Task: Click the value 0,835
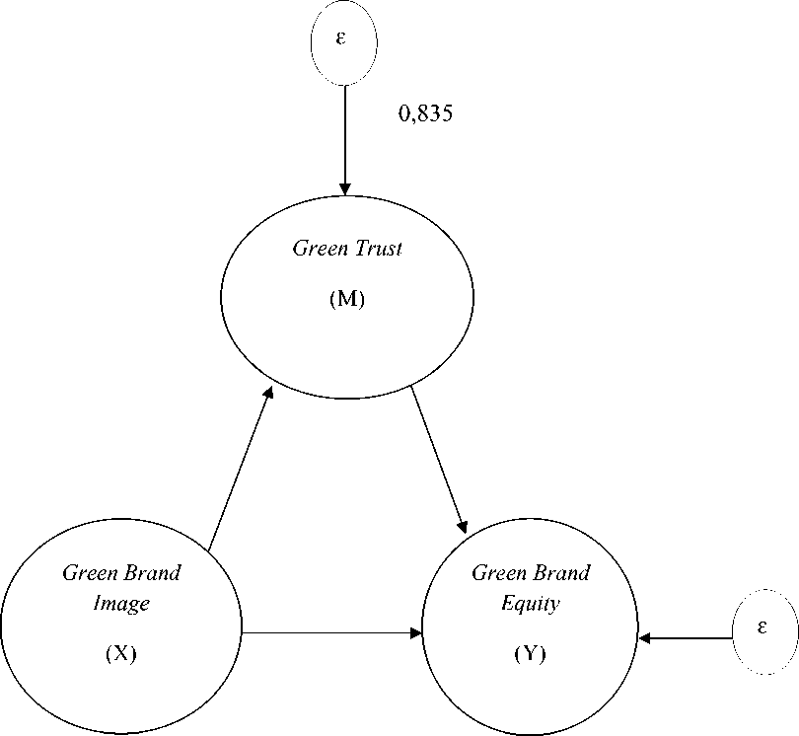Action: pos(424,114)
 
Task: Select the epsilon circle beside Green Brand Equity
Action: pos(765,631)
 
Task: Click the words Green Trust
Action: pos(347,248)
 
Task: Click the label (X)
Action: pos(120,654)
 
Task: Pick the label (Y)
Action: pos(530,653)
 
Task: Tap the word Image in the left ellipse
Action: pos(120,603)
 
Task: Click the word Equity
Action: pos(530,603)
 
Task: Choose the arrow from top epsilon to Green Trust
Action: pos(344,138)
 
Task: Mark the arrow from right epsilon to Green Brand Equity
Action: pos(686,637)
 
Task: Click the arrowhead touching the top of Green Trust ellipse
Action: pos(344,187)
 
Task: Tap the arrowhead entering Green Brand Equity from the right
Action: pos(645,637)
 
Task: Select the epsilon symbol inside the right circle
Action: pos(763,627)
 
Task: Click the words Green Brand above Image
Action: pos(121,573)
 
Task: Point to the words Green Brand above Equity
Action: pos(531,573)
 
